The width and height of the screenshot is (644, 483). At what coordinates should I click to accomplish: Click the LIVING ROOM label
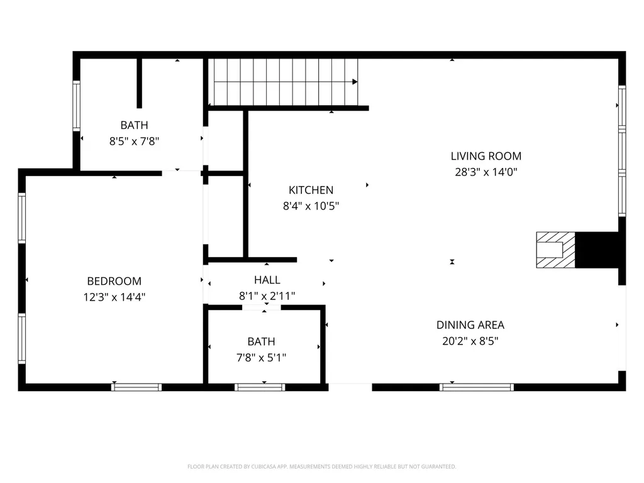click(486, 156)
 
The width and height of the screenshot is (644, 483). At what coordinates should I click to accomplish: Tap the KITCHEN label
click(311, 190)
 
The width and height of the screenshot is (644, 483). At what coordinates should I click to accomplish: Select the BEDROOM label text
click(114, 281)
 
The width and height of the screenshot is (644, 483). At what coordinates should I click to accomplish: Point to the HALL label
click(267, 280)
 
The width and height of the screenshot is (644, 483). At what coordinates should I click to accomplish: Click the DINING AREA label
click(470, 325)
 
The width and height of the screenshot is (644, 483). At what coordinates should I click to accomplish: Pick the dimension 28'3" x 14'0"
click(486, 172)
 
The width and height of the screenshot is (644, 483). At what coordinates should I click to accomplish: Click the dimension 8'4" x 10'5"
click(311, 206)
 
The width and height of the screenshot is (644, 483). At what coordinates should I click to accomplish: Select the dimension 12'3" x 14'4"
click(114, 297)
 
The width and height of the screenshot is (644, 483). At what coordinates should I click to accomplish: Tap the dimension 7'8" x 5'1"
click(261, 358)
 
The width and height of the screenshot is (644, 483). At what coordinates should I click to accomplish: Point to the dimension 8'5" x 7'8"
click(135, 142)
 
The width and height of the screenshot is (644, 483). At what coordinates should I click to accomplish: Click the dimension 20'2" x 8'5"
click(470, 341)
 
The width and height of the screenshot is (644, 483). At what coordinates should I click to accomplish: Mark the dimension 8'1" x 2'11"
click(267, 296)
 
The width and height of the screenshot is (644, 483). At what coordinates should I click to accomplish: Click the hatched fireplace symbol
click(556, 250)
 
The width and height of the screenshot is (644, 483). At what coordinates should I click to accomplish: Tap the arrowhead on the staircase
click(355, 82)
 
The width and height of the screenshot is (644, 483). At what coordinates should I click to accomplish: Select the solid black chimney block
click(597, 250)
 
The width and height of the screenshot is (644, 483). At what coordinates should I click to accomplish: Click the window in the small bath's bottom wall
click(260, 387)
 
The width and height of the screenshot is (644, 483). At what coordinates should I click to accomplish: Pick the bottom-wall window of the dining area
click(477, 387)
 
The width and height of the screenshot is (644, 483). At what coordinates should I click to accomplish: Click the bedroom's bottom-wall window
click(136, 387)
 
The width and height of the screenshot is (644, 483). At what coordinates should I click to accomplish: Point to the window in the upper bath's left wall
click(76, 106)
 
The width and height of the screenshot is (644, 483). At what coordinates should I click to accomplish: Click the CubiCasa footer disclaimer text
click(321, 467)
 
